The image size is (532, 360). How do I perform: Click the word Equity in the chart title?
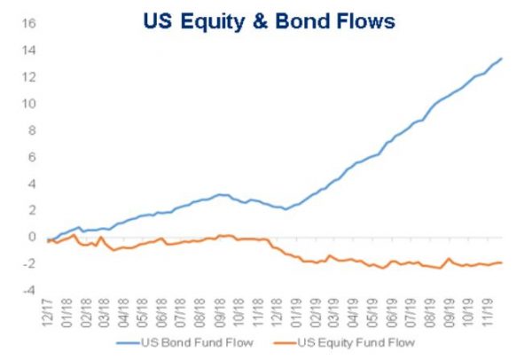pos(213,22)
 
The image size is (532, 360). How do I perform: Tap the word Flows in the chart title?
pos(365,21)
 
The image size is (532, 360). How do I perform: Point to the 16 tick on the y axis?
pos(28,23)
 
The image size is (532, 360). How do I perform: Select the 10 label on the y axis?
pos(28,104)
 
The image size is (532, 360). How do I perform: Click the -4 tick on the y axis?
pos(28,291)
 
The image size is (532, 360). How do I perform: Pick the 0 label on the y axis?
pos(32,237)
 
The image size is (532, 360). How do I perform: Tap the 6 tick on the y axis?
pos(32,157)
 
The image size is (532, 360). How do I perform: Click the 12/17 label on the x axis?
pos(48,313)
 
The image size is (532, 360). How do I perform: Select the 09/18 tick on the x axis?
pos(220,313)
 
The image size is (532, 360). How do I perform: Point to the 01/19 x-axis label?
pos(296,313)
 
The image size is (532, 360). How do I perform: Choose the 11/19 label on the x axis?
pos(487,313)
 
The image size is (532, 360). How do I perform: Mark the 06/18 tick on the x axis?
pos(162,313)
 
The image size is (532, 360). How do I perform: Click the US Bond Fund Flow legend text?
pos(197,342)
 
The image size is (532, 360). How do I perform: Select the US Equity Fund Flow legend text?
pos(356,342)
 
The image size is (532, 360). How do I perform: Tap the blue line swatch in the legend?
pos(129,343)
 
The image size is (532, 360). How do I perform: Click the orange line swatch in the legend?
pos(285,343)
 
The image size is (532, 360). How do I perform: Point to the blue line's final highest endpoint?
pos(502,59)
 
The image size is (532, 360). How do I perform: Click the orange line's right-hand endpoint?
pos(502,262)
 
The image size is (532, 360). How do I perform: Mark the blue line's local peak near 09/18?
pos(220,194)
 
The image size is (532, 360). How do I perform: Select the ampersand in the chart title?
pos(260,21)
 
